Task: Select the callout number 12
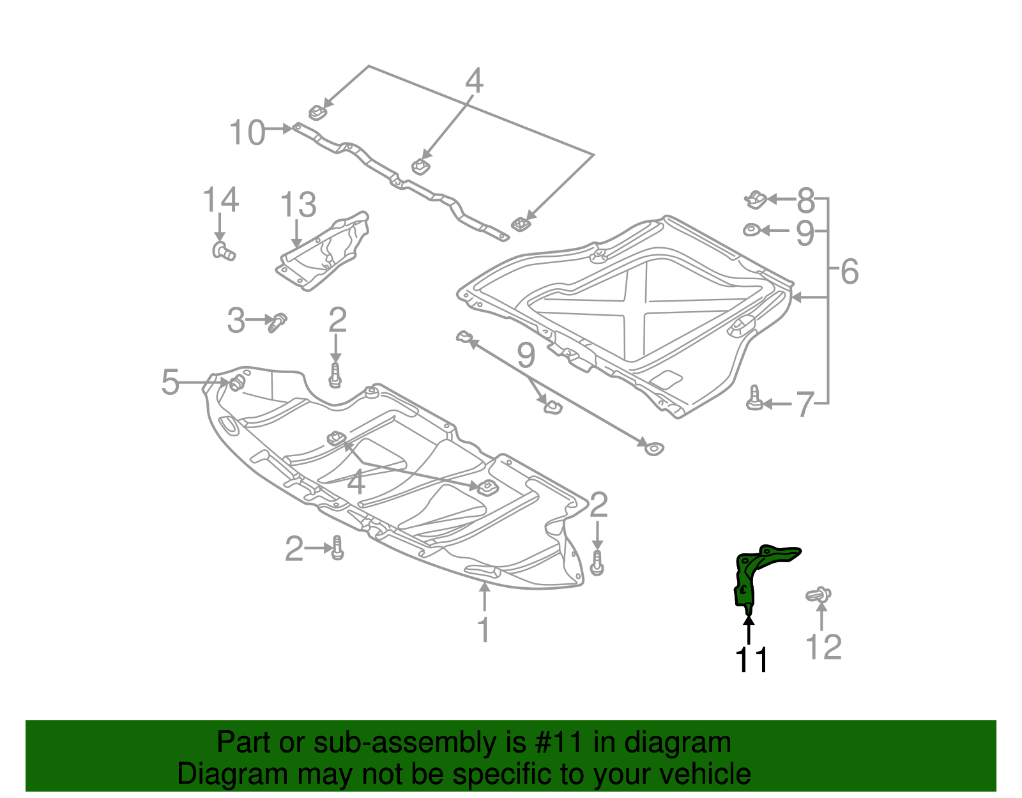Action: tap(823, 647)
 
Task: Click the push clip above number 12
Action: tap(818, 595)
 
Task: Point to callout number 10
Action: tap(247, 133)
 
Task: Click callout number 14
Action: tap(220, 200)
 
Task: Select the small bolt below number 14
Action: tap(223, 251)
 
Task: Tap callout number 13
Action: tap(298, 205)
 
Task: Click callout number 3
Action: tap(236, 320)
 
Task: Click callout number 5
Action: tap(170, 382)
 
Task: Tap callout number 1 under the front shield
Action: tap(484, 629)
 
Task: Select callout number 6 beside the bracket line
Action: tap(850, 272)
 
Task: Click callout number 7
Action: tap(804, 404)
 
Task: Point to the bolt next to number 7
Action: tap(754, 399)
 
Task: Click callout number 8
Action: tap(806, 201)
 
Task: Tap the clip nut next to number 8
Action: tap(756, 199)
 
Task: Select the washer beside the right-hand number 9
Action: tap(751, 229)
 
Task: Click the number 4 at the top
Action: tap(473, 81)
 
